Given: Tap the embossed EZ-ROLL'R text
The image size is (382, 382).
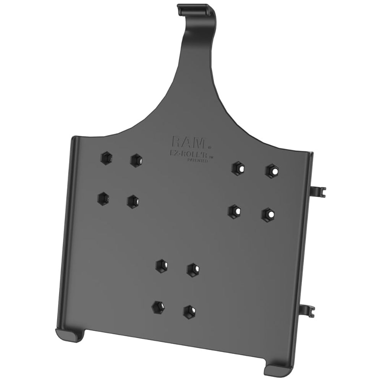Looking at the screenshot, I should [190, 155].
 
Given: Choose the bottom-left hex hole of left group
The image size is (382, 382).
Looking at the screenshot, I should [102, 197].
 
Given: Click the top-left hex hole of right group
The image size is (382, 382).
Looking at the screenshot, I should [239, 168].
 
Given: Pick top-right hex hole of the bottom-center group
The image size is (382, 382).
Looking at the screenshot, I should [194, 269].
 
